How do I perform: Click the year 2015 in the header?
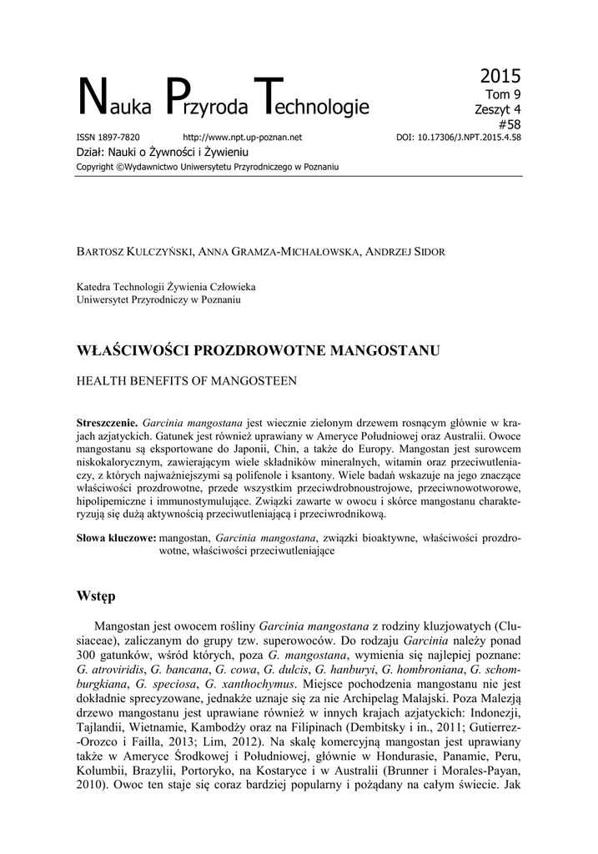(x=500, y=78)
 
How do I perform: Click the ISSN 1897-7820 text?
(x=108, y=138)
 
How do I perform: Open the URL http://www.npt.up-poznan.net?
(x=241, y=138)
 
